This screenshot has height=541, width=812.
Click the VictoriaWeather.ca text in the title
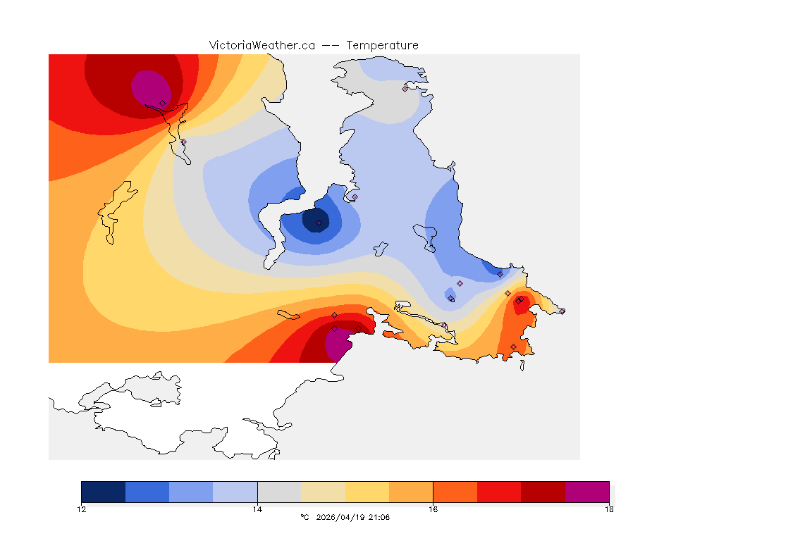click(x=262, y=45)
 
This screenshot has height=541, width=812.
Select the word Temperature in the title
click(x=382, y=45)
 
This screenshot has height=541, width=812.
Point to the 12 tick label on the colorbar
click(x=82, y=509)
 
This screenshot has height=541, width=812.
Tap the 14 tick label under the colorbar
click(x=257, y=509)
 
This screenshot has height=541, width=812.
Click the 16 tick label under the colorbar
click(x=433, y=509)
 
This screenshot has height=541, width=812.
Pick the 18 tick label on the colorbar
click(x=609, y=509)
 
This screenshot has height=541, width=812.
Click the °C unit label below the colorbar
click(x=304, y=517)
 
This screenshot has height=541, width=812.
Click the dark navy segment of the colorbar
click(x=103, y=492)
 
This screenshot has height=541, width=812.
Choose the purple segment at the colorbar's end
click(x=587, y=492)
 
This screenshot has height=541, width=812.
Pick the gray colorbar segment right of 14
click(x=279, y=492)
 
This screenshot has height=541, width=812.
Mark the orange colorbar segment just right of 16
click(x=455, y=492)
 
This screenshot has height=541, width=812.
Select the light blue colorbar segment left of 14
click(x=235, y=492)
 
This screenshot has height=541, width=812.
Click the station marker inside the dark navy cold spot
click(x=319, y=223)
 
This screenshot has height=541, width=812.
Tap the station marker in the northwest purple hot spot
click(x=162, y=103)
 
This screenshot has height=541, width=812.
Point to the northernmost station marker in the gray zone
click(x=405, y=88)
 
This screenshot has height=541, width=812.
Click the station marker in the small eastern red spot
click(x=518, y=301)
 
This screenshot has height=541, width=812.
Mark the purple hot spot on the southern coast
click(x=337, y=345)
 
